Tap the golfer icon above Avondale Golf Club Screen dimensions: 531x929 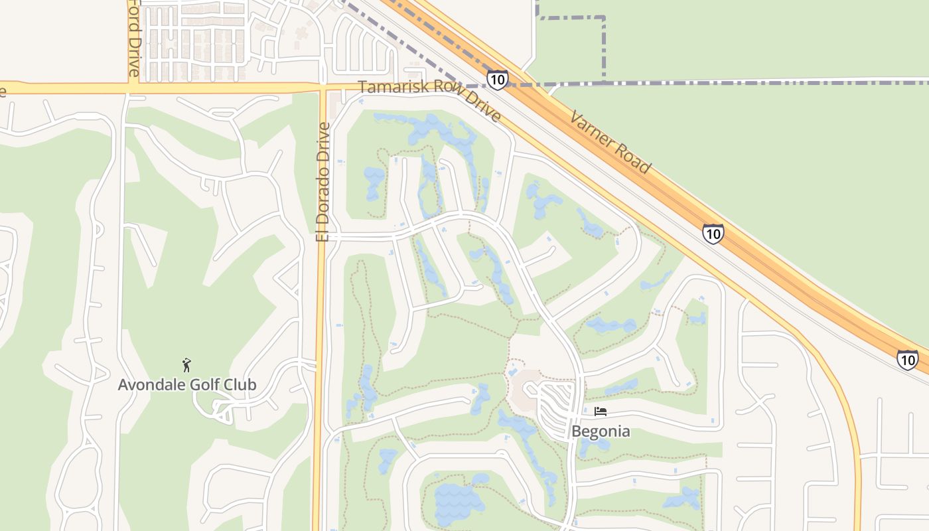point(187,364)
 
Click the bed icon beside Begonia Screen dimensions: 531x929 point(601,412)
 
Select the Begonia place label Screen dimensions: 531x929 point(601,431)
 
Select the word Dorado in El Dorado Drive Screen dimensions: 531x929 point(323,193)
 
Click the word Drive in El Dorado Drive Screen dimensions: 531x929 point(323,141)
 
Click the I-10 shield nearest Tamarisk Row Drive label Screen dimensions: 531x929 point(497,80)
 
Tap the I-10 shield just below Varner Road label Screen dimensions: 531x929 point(713,234)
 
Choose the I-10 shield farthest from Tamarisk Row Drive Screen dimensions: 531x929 point(907,359)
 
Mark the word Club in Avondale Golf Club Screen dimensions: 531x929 point(240,384)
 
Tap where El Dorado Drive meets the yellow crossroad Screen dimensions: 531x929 point(323,88)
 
